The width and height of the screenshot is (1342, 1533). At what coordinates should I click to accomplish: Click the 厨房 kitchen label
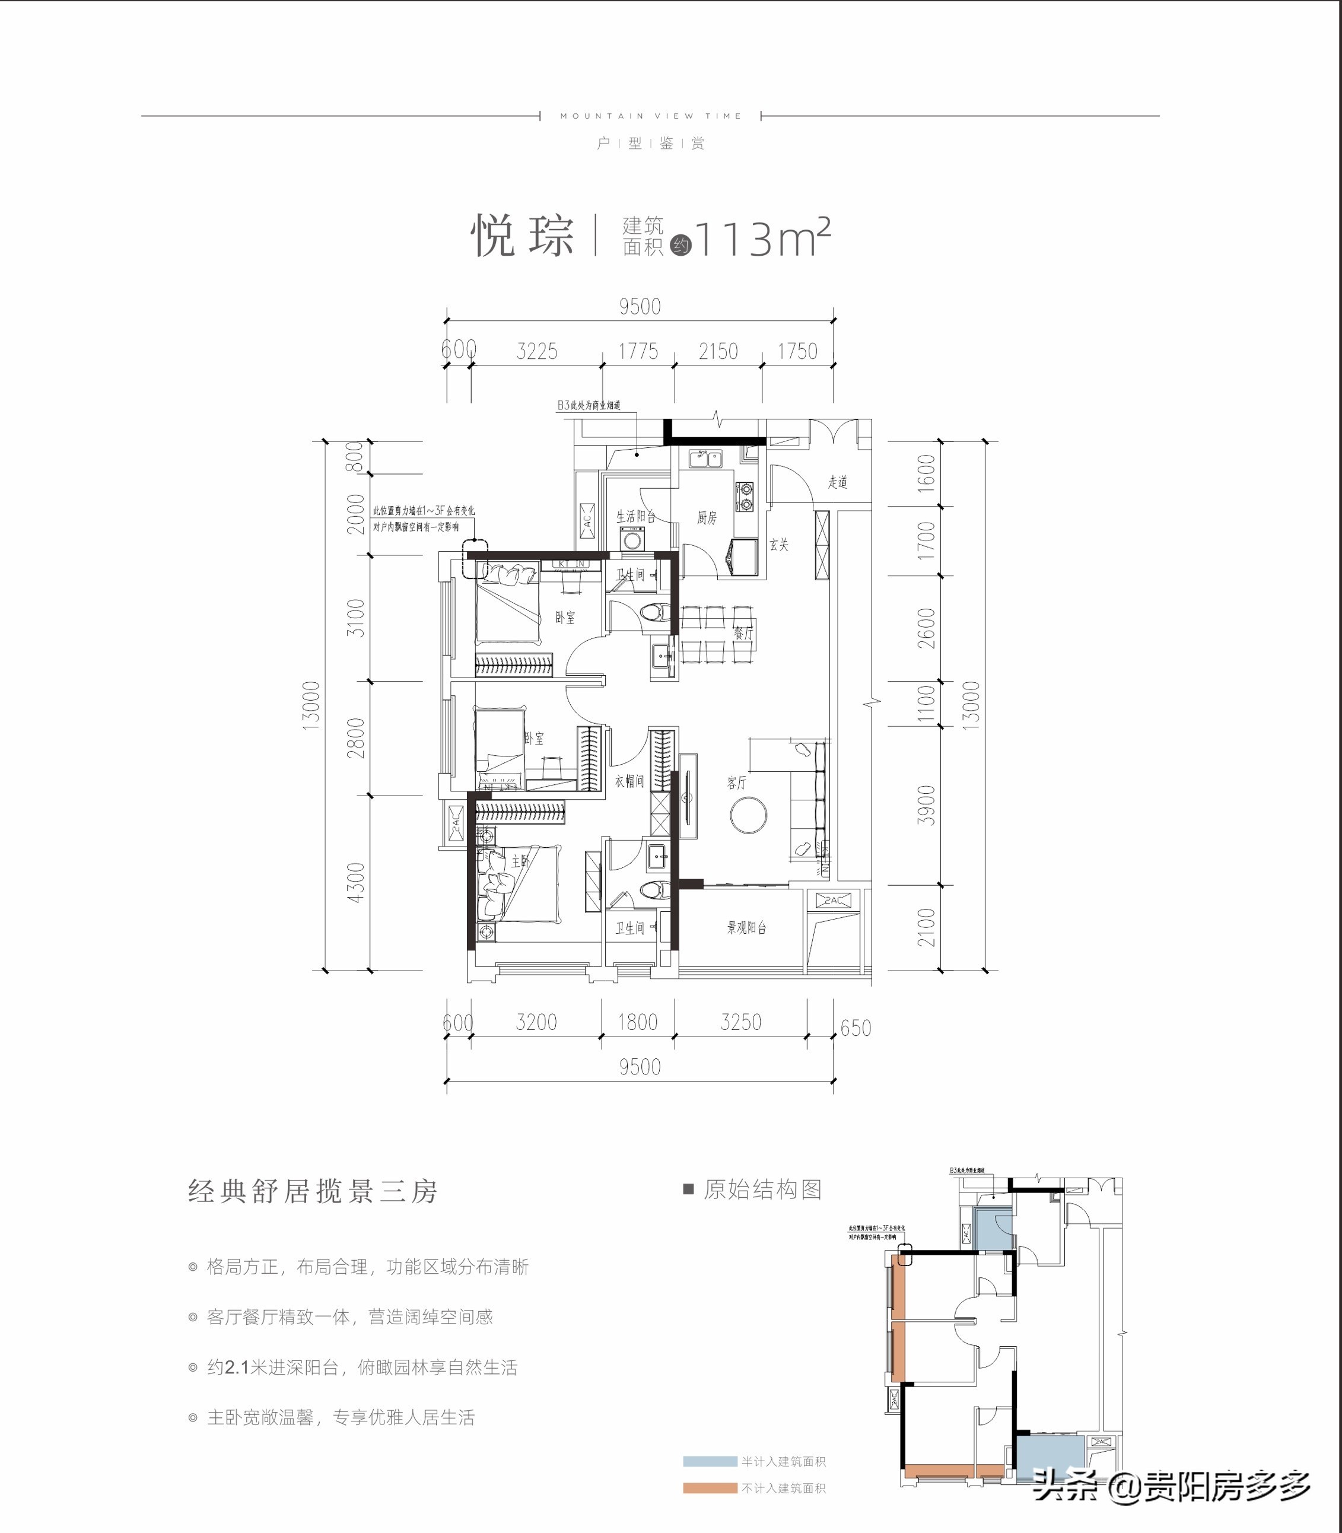tap(706, 517)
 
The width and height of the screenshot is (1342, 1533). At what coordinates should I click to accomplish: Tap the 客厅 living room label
tap(736, 783)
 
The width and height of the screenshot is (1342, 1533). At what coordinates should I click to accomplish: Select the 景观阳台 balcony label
tap(746, 928)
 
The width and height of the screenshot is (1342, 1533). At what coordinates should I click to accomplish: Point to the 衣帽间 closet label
tap(629, 781)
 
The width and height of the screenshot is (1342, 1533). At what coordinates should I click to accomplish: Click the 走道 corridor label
tap(837, 482)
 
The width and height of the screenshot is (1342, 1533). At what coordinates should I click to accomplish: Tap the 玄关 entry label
tap(779, 545)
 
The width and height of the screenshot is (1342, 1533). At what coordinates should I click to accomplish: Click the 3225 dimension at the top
tap(537, 351)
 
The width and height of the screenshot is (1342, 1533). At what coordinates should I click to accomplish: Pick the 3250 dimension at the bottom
tap(740, 1022)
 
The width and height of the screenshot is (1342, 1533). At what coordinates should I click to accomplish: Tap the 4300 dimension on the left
tap(356, 882)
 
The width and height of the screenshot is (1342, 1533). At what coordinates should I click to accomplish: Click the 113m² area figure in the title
tap(762, 238)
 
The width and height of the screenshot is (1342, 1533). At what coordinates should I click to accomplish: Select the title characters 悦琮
tap(522, 237)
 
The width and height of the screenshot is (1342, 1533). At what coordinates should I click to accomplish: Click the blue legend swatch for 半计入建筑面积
tap(709, 1461)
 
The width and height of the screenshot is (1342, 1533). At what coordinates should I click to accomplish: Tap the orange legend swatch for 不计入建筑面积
tap(709, 1488)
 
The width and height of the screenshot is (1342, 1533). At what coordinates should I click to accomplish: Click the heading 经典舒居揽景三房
tap(312, 1191)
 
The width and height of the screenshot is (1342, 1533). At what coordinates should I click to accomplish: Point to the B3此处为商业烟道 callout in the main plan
tap(588, 405)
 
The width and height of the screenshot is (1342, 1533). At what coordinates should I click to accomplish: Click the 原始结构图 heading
tap(762, 1189)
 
